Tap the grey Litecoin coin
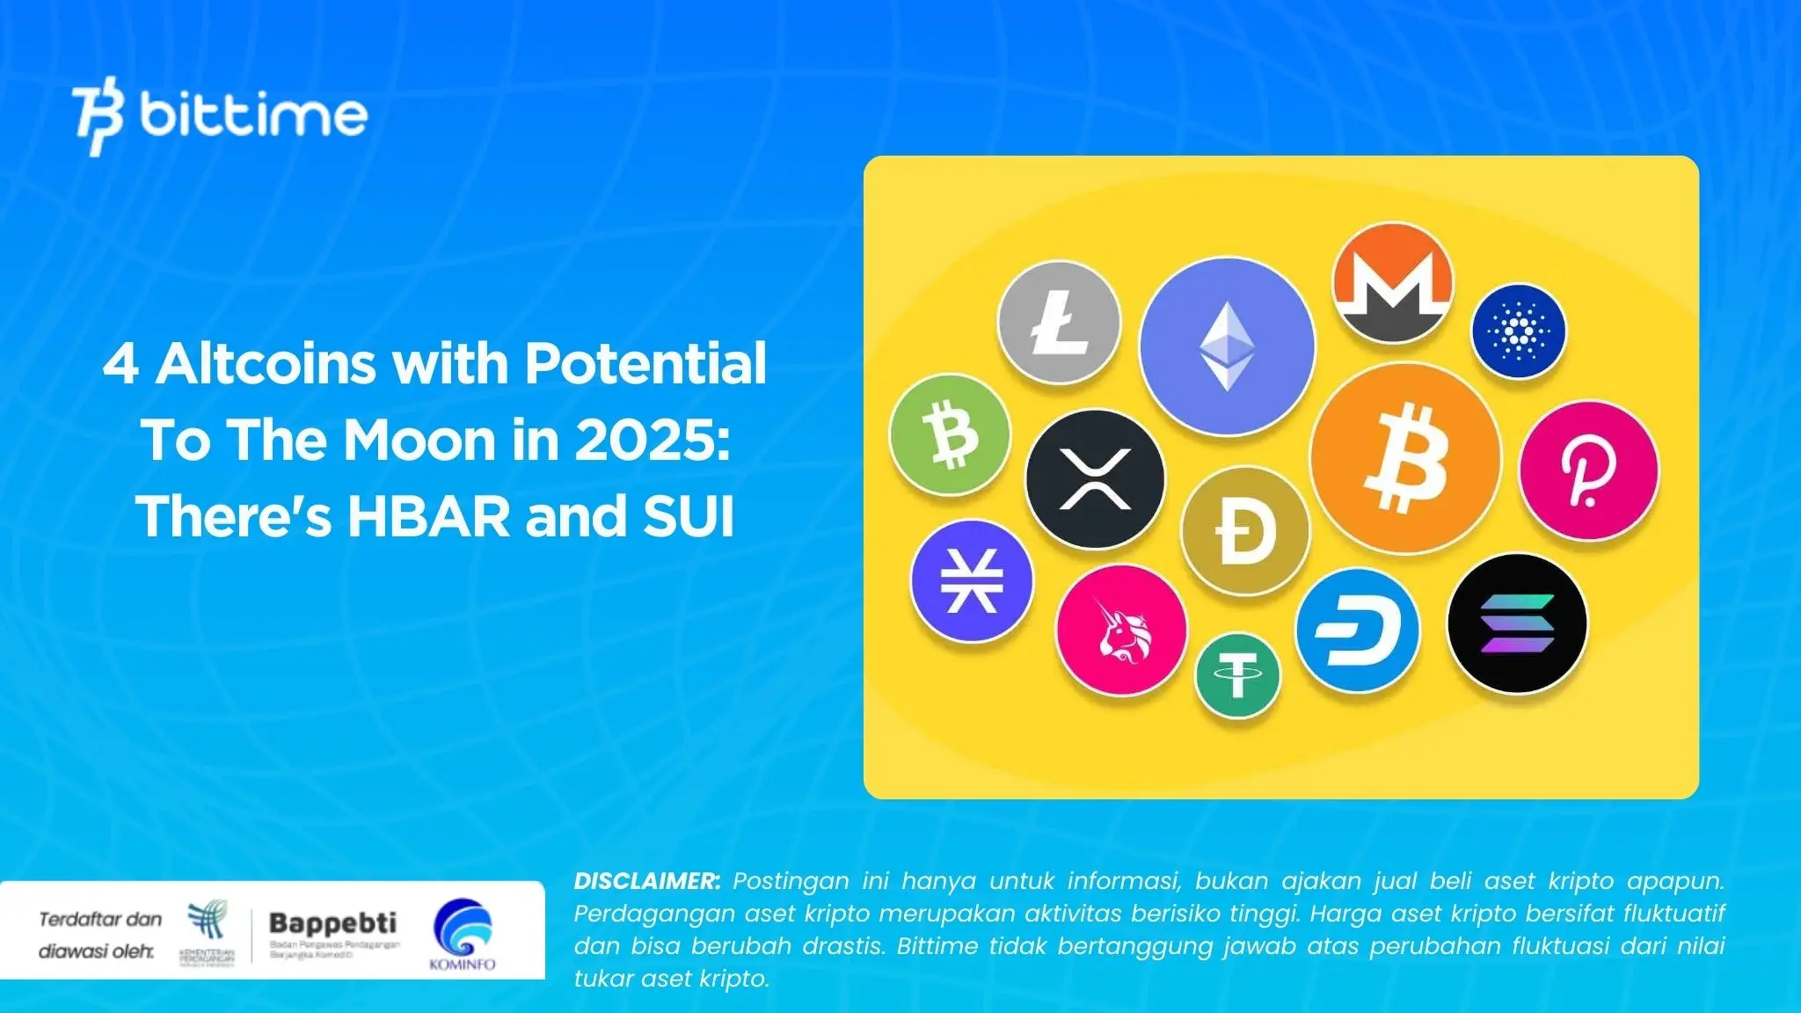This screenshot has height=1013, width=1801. pyautogui.click(x=1060, y=322)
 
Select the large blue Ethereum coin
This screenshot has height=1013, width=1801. pyautogui.click(x=1227, y=346)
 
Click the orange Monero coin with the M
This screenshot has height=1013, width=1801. pyautogui.click(x=1393, y=282)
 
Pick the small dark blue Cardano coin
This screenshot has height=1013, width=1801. pyautogui.click(x=1519, y=331)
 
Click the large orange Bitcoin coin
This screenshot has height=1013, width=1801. pyautogui.click(x=1405, y=458)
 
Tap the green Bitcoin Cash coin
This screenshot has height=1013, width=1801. pyautogui.click(x=950, y=434)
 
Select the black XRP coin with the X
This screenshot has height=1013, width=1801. pyautogui.click(x=1095, y=479)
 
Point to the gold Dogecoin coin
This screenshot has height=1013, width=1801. pyautogui.click(x=1244, y=531)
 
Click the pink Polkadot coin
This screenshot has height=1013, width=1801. pyautogui.click(x=1589, y=470)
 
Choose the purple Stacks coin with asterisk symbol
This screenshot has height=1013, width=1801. pyautogui.click(x=971, y=580)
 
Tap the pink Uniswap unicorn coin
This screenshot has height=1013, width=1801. pyautogui.click(x=1121, y=629)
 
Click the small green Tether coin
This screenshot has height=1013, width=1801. pyautogui.click(x=1237, y=675)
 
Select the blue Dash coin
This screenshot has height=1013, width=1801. pyautogui.click(x=1357, y=630)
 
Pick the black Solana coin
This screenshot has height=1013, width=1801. pyautogui.click(x=1517, y=623)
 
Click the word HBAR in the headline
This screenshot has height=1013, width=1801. pyautogui.click(x=428, y=516)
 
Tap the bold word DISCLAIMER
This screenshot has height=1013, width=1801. pyautogui.click(x=646, y=881)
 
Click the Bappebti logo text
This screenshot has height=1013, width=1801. pyautogui.click(x=332, y=922)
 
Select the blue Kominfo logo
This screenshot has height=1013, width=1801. pyautogui.click(x=463, y=930)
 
